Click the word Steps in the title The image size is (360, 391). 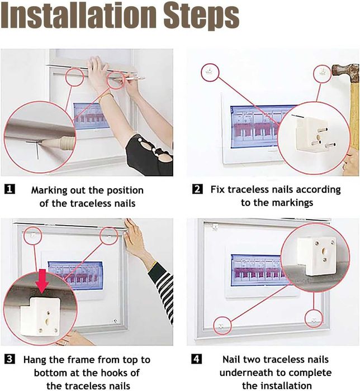click(201, 16)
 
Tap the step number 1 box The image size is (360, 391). click(10, 189)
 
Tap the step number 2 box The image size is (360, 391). click(197, 189)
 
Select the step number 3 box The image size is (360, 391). click(10, 359)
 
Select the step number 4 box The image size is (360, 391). click(197, 359)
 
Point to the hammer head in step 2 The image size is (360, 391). click(345, 72)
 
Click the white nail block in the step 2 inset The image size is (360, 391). click(316, 136)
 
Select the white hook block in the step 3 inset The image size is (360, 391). click(40, 316)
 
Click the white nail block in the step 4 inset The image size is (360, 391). click(318, 256)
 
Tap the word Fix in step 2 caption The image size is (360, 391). click(217, 189)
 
